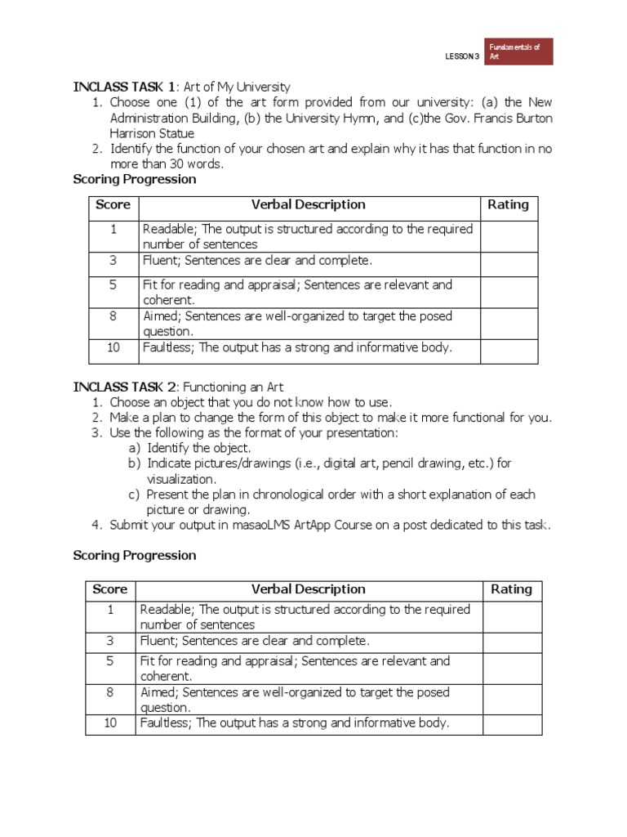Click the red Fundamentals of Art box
click(x=519, y=51)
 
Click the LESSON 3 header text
click(x=462, y=56)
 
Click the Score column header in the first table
click(x=113, y=204)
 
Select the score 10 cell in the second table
click(x=110, y=723)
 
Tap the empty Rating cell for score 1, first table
click(x=509, y=236)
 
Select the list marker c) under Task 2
click(x=134, y=495)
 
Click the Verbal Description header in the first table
click(x=309, y=204)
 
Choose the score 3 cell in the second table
click(x=110, y=641)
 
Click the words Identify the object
click(x=199, y=448)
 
